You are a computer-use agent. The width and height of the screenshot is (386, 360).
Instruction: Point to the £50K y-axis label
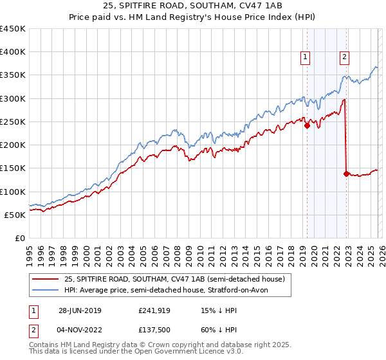[x=15, y=215]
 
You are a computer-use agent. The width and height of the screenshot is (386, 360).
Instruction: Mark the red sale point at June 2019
[x=307, y=126]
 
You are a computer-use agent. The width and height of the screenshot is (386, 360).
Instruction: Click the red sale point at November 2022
[x=346, y=174]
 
